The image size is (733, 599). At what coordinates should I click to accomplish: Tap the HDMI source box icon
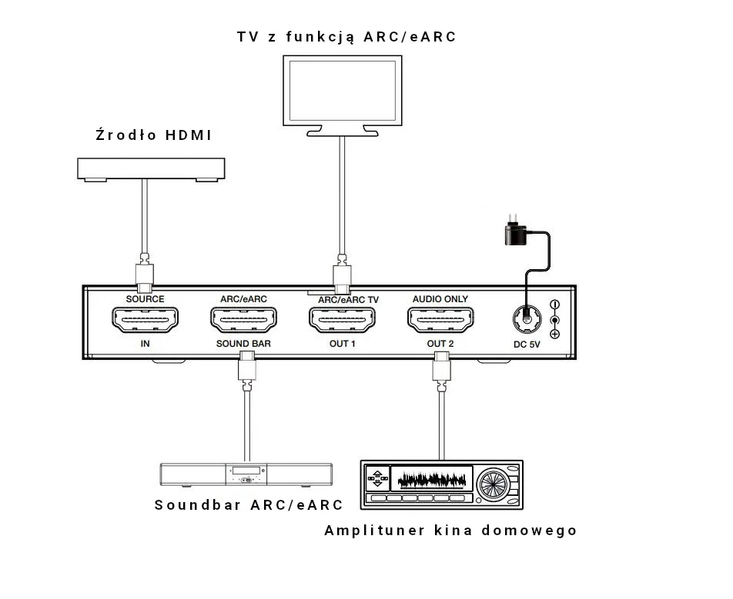pos(151,168)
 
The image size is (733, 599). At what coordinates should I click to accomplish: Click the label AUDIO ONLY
pos(440,299)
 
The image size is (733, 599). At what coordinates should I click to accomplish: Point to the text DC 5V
pos(528,344)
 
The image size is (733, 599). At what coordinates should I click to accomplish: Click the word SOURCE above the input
pos(145,299)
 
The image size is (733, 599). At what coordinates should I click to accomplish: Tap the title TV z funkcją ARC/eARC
pos(346,36)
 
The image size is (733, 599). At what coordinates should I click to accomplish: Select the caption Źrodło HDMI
pos(153,135)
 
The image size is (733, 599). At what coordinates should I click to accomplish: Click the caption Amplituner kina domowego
pos(450,531)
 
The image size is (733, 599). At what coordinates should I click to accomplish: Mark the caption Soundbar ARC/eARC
pos(248,505)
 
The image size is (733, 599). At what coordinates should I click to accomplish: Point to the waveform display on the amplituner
pos(432,481)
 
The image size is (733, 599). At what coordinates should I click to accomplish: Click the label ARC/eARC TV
pos(349,300)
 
